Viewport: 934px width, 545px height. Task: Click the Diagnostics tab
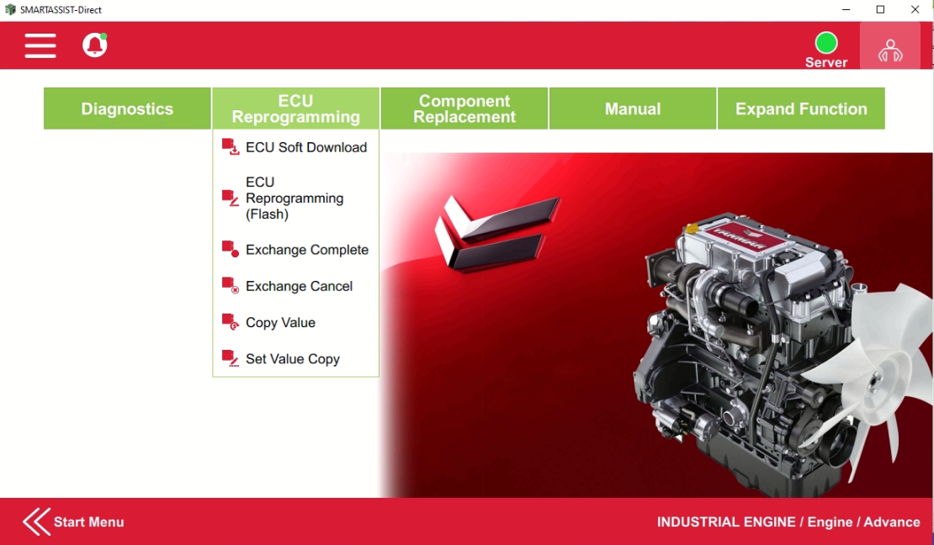click(x=127, y=108)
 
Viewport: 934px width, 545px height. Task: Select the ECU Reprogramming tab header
click(x=295, y=108)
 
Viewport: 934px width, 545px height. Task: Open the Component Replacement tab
click(x=464, y=108)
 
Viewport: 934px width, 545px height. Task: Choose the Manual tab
click(x=633, y=108)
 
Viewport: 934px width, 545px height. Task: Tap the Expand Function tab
click(x=801, y=108)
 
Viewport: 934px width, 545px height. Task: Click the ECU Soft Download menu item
click(x=305, y=147)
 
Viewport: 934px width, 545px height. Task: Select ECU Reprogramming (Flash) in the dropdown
click(x=295, y=198)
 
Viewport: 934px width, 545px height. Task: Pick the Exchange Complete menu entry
click(x=306, y=250)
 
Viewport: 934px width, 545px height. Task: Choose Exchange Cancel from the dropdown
click(x=299, y=286)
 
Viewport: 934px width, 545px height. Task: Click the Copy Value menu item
click(x=280, y=322)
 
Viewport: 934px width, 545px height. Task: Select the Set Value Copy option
click(x=292, y=359)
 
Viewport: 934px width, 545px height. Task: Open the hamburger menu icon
click(x=40, y=45)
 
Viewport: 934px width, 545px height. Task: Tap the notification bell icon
click(x=94, y=45)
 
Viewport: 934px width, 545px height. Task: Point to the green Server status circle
click(x=826, y=43)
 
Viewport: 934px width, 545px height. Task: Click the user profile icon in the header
click(x=889, y=50)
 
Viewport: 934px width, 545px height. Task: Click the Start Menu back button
click(x=74, y=521)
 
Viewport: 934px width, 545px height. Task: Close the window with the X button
click(x=915, y=10)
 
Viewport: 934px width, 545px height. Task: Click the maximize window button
click(x=880, y=10)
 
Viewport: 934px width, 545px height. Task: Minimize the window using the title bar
click(x=846, y=10)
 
